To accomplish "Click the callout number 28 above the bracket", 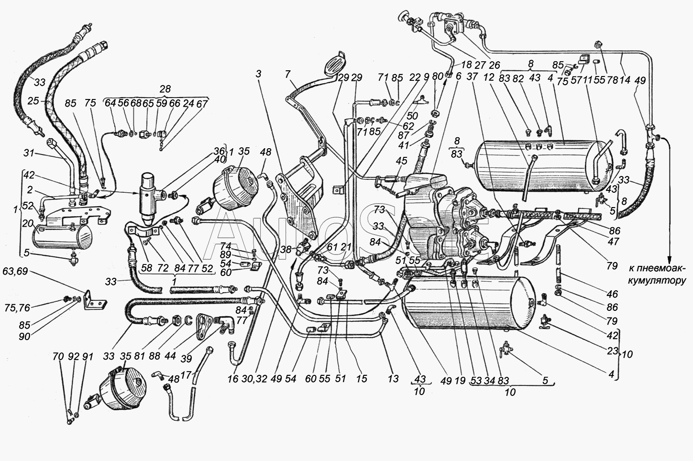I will coord(165,89).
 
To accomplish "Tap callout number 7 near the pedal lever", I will coord(287,75).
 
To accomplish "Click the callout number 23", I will coord(612,351).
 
